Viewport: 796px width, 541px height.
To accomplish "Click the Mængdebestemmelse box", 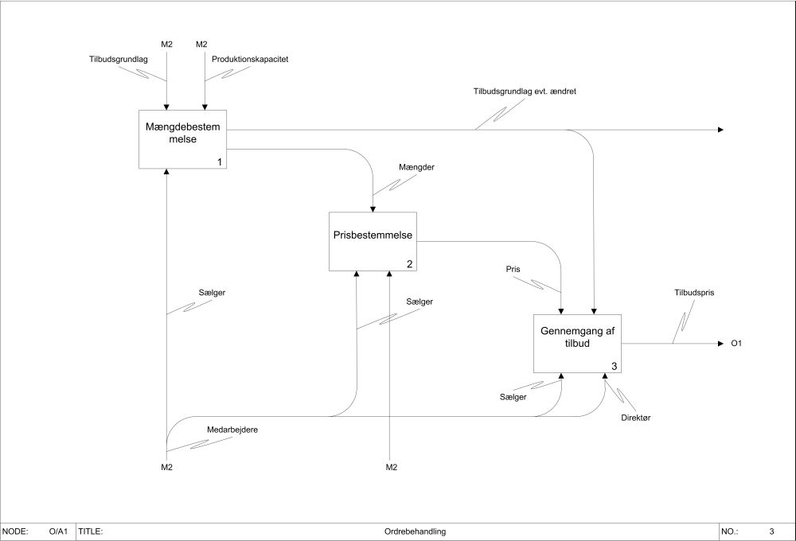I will tap(182, 139).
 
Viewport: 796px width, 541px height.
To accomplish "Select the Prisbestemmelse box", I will tap(373, 241).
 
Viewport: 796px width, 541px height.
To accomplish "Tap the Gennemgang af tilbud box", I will tap(576, 343).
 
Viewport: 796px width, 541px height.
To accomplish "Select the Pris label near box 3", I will tap(513, 270).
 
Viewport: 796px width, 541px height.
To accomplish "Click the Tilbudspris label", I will tap(693, 293).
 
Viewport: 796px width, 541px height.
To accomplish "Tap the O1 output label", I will tap(736, 344).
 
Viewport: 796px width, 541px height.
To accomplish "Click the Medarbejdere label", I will tap(232, 430).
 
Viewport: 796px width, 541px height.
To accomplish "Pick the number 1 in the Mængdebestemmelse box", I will tap(219, 162).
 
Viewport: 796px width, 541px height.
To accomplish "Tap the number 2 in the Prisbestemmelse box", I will tap(409, 264).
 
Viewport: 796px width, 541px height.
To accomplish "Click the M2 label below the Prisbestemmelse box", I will tap(391, 466).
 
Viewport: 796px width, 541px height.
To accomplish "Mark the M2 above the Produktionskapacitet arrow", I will tap(202, 44).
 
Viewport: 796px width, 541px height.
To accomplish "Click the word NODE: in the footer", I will tap(17, 531).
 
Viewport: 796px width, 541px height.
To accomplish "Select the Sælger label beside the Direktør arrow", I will tap(513, 396).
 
